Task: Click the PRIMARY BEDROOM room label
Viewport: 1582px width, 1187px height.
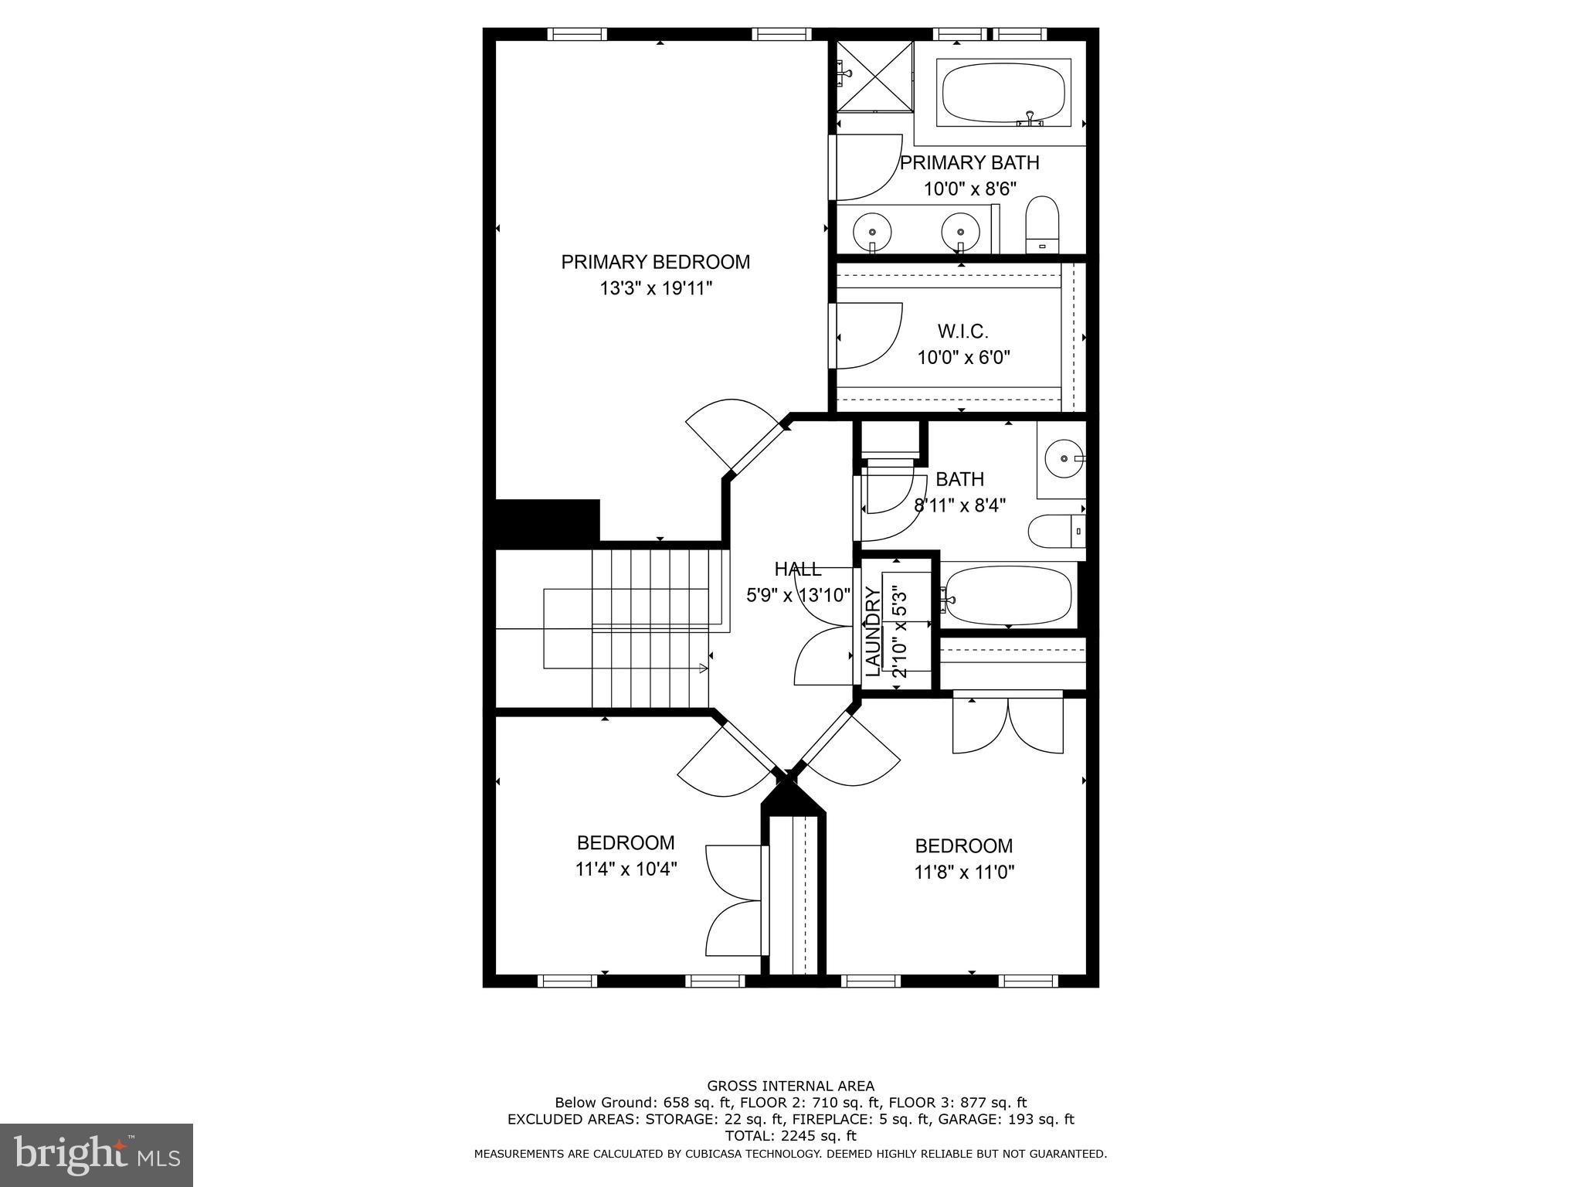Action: pos(655,262)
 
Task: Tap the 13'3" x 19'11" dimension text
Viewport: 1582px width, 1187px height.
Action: pos(655,288)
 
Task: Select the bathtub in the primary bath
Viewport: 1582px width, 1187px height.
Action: pos(1003,93)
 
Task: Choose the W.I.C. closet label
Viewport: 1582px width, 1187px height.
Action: pos(962,332)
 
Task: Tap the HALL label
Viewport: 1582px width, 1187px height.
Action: pos(797,570)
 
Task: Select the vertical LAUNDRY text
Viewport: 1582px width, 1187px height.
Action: pos(873,631)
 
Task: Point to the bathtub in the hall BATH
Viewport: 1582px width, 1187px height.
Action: pos(1007,595)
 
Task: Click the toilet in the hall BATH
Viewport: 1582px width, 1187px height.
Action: pos(1055,531)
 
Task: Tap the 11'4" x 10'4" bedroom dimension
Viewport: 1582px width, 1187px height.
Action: pos(626,869)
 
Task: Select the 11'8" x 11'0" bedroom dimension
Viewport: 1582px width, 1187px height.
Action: pos(963,872)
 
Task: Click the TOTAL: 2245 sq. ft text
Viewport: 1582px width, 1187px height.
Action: pos(790,1136)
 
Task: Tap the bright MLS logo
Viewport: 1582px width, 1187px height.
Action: pos(96,1155)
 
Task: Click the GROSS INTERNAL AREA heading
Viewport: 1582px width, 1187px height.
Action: pos(790,1086)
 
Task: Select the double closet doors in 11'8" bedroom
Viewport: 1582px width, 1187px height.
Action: pos(1008,724)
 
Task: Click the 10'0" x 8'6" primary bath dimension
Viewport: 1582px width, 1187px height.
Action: pos(969,189)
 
